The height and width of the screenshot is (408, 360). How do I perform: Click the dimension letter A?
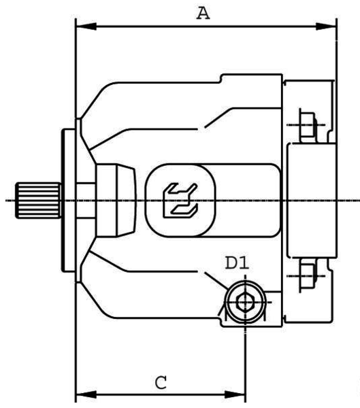(x=203, y=14)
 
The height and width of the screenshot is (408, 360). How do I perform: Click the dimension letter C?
(x=161, y=382)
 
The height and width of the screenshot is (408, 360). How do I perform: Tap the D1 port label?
(x=237, y=262)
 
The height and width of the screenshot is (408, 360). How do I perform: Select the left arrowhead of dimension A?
(x=86, y=27)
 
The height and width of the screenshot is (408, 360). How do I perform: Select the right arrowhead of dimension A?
(x=326, y=27)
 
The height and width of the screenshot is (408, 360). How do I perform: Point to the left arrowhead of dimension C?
(x=86, y=394)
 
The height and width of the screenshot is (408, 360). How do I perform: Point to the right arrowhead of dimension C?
(x=235, y=394)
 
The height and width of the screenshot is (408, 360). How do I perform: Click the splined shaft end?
(x=38, y=201)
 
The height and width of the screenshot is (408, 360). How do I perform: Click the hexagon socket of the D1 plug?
(x=245, y=302)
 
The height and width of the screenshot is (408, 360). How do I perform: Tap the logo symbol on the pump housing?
(x=180, y=201)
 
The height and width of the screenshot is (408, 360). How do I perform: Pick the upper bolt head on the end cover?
(x=308, y=125)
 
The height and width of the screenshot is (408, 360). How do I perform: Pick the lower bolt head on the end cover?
(x=308, y=275)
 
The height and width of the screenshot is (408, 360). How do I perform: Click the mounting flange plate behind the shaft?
(x=69, y=201)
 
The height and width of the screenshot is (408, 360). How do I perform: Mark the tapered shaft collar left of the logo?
(x=116, y=201)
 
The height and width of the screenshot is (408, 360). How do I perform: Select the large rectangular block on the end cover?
(x=312, y=201)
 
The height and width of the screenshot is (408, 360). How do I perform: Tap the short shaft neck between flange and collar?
(x=86, y=201)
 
